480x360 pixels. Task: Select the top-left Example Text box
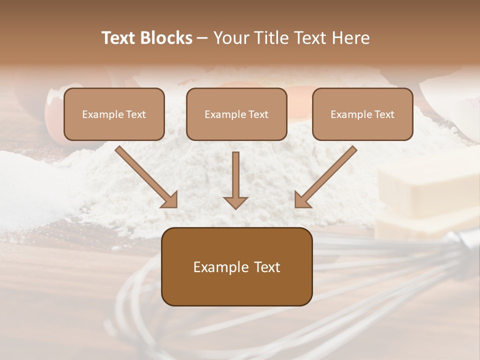click(x=114, y=114)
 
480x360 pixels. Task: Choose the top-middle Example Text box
click(x=236, y=114)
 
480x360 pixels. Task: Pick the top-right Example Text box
click(x=362, y=114)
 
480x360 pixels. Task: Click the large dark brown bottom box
click(x=236, y=266)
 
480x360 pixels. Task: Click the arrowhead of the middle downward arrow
click(x=235, y=202)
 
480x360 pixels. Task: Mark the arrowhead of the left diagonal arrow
click(x=170, y=200)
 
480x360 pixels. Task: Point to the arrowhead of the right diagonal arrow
click(x=302, y=200)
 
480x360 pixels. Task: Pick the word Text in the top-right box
click(x=384, y=114)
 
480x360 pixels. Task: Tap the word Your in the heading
click(x=231, y=38)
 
